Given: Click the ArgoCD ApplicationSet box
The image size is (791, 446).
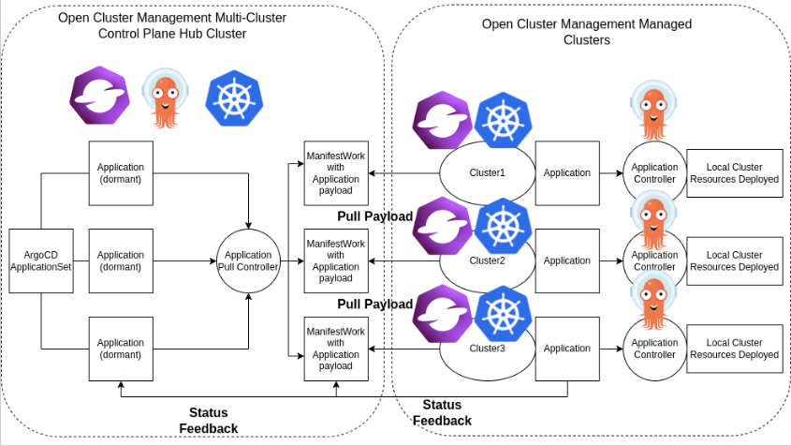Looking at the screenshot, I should tap(40, 260).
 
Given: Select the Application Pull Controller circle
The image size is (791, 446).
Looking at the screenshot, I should tap(249, 260).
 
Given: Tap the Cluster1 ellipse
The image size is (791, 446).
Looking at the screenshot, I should tap(487, 172).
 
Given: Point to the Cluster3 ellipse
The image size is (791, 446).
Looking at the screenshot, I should tap(487, 349).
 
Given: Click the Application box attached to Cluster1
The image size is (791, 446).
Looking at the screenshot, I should tap(566, 172).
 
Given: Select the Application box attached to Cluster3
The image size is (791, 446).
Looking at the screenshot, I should tap(566, 349).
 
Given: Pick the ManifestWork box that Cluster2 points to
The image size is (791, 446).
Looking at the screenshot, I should tap(336, 260).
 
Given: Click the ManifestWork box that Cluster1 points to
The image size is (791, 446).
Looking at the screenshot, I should tap(336, 172).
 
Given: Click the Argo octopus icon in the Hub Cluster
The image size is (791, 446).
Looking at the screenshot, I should tap(167, 98).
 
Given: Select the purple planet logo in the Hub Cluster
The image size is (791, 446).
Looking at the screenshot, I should tap(98, 98).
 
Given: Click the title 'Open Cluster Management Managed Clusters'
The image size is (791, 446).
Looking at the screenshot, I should tap(586, 32).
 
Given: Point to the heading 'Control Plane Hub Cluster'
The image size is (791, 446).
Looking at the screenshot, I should tap(172, 34).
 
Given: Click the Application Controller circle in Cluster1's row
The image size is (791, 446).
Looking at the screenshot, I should tap(654, 172).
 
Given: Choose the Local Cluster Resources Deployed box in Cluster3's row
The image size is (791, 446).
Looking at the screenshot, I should tap(735, 349).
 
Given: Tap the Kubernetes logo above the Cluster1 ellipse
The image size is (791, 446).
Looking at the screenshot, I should tap(504, 122).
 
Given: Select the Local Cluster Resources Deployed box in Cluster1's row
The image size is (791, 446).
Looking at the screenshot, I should tap(735, 172).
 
